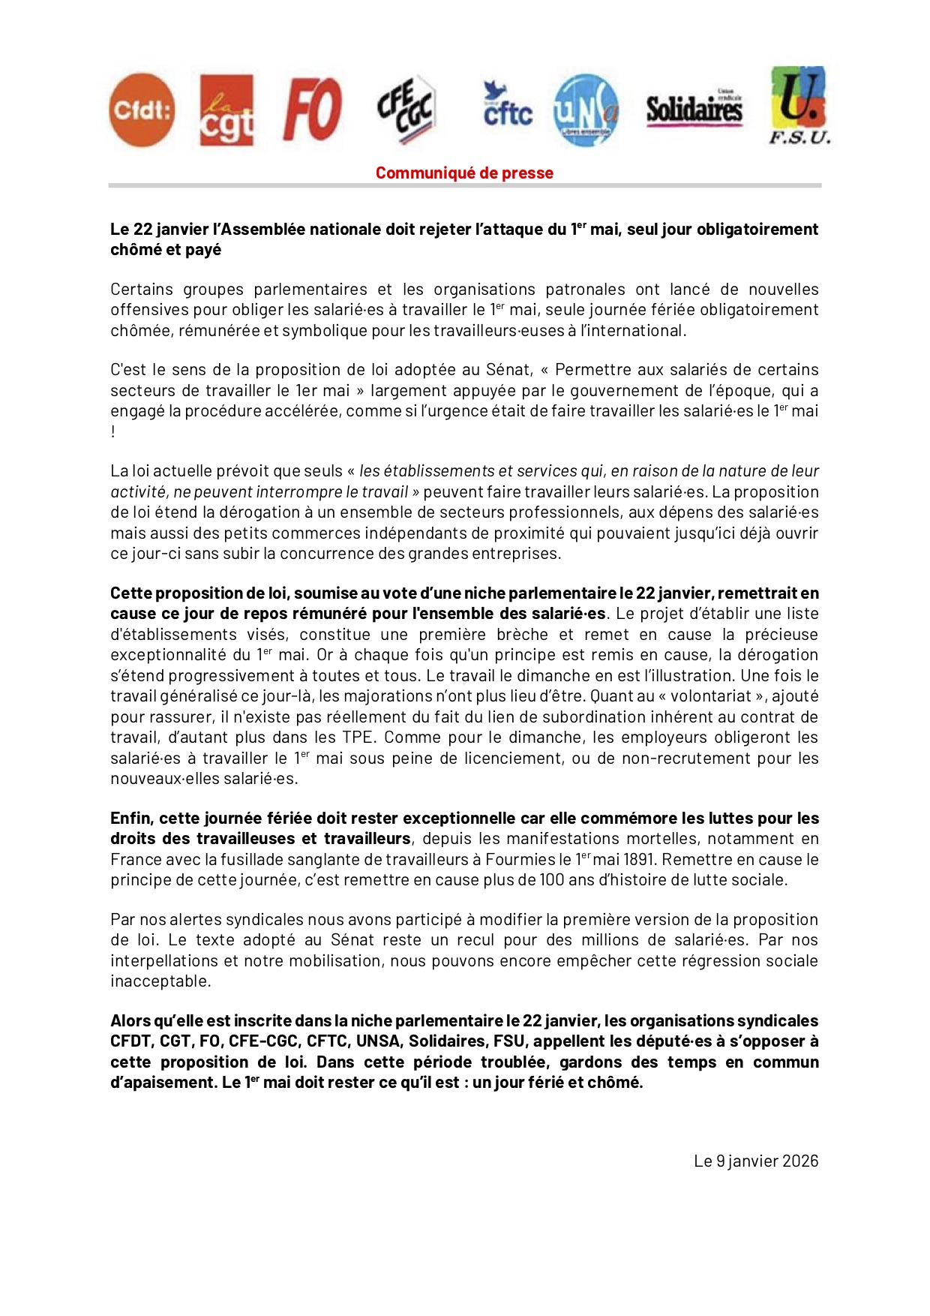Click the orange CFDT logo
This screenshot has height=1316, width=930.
tap(142, 110)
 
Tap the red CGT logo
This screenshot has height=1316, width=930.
tap(226, 110)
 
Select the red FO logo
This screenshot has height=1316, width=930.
tap(312, 110)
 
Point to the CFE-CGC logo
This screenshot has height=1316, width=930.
tap(406, 110)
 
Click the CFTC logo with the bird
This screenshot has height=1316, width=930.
tap(507, 106)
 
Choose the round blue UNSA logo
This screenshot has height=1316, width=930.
tap(586, 110)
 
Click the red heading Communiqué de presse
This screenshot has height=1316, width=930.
tap(464, 173)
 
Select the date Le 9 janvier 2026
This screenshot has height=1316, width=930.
tap(755, 1161)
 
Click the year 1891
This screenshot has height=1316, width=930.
tap(638, 859)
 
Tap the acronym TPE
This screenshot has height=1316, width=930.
tap(356, 738)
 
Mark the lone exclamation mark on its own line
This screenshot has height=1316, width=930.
tap(113, 432)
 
